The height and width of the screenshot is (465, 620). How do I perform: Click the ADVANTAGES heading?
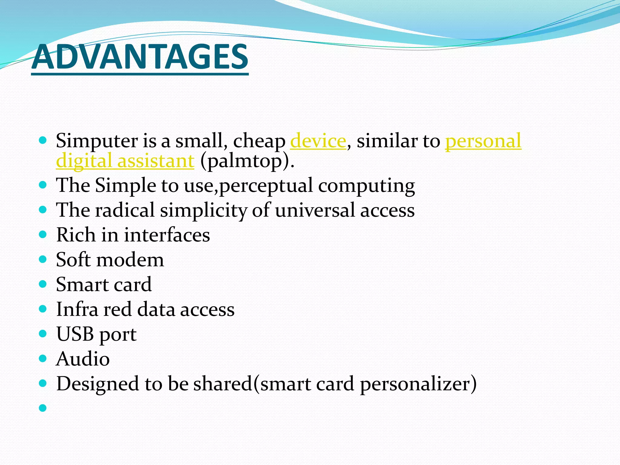coord(140,57)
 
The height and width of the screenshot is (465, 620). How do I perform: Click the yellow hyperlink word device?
coord(318,141)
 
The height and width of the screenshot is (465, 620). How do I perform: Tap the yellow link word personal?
coord(483,141)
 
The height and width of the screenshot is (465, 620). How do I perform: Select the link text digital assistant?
coord(125,161)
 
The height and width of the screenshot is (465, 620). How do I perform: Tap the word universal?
coord(315,210)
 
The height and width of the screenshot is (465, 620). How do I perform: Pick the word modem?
coord(130,260)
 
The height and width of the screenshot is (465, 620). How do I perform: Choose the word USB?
coord(75,334)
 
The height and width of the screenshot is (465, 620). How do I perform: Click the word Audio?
coord(83,359)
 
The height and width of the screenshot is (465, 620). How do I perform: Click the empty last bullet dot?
coord(43,408)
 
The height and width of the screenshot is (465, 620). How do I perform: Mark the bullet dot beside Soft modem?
coord(43,259)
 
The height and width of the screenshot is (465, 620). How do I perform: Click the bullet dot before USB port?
coord(43,334)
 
